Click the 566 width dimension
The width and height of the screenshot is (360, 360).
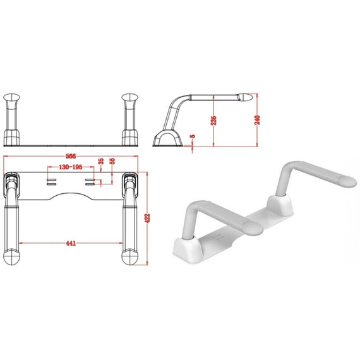tap(71, 156)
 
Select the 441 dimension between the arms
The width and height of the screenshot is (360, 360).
tap(71, 243)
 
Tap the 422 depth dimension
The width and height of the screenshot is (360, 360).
tap(147, 218)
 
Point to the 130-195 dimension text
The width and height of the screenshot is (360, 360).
tap(71, 167)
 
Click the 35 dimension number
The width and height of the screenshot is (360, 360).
tap(101, 162)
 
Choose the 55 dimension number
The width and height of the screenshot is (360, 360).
tap(112, 161)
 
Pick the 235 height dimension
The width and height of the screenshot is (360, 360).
tap(213, 120)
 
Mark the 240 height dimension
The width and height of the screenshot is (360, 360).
tap(258, 120)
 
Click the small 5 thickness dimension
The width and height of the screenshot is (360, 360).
tap(193, 136)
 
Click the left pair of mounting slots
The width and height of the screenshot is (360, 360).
tap(51, 182)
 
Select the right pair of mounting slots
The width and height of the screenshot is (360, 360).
tap(90, 182)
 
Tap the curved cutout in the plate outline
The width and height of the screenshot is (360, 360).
tap(71, 196)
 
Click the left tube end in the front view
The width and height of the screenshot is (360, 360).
tap(11, 97)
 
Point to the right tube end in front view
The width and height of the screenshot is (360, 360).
tap(129, 97)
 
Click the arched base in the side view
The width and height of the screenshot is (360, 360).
tap(167, 138)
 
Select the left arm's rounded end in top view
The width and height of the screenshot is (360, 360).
tap(11, 258)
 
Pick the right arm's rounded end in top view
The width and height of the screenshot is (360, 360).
tap(129, 258)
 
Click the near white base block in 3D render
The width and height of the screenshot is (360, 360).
tap(188, 251)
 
